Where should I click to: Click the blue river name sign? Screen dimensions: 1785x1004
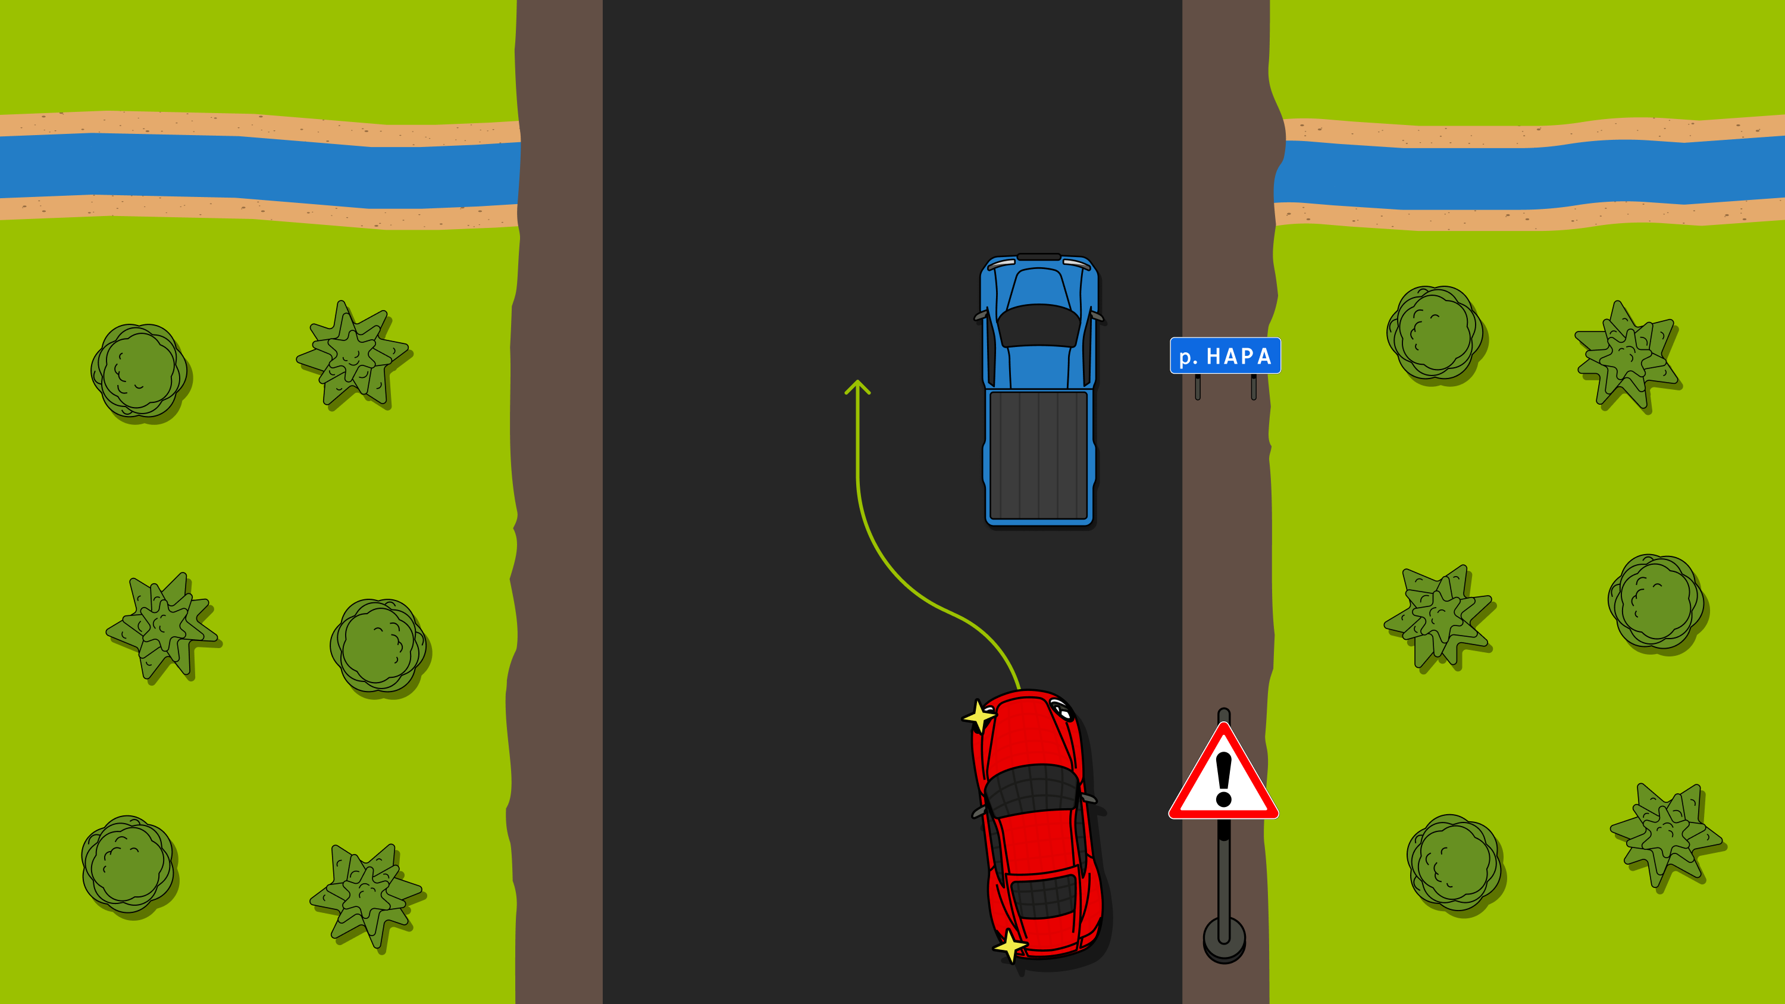pyautogui.click(x=1225, y=355)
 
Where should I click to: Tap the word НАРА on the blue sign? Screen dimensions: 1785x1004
pyautogui.click(x=1239, y=356)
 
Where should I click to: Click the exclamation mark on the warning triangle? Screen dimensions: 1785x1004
pyautogui.click(x=1224, y=780)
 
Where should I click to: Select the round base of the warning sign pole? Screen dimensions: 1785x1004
pyautogui.click(x=1225, y=940)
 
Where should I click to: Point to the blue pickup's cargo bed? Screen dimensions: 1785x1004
pyautogui.click(x=1039, y=455)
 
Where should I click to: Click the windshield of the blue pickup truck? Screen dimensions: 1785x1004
pyautogui.click(x=1038, y=325)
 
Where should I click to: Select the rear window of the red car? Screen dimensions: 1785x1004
pyautogui.click(x=1044, y=897)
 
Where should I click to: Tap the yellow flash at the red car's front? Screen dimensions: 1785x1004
pyautogui.click(x=978, y=716)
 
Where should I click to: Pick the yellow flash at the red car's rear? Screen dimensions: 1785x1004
pyautogui.click(x=1010, y=946)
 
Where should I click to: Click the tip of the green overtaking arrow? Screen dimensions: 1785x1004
pyautogui.click(x=857, y=380)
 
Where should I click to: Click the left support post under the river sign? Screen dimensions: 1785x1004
pyautogui.click(x=1197, y=387)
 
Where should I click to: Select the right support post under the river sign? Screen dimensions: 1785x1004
pyautogui.click(x=1254, y=387)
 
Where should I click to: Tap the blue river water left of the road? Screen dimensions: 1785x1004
pyautogui.click(x=260, y=170)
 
